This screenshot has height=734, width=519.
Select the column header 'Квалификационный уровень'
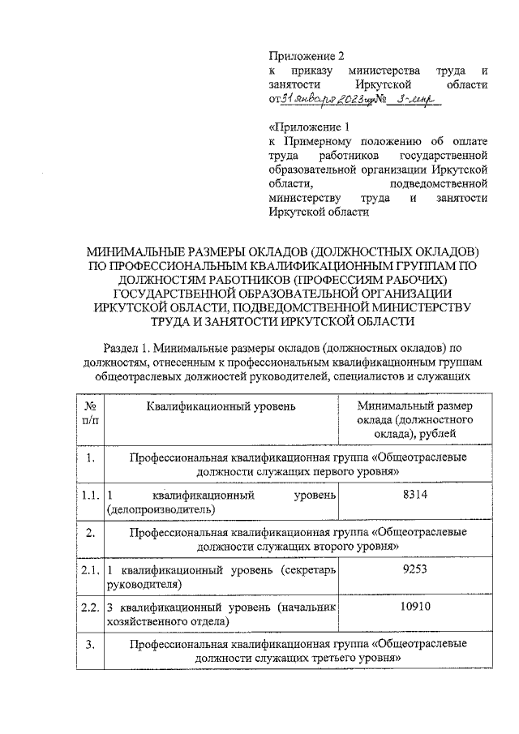tap(221, 405)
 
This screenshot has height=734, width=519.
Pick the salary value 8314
tap(414, 495)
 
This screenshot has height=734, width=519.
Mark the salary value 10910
tap(414, 606)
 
